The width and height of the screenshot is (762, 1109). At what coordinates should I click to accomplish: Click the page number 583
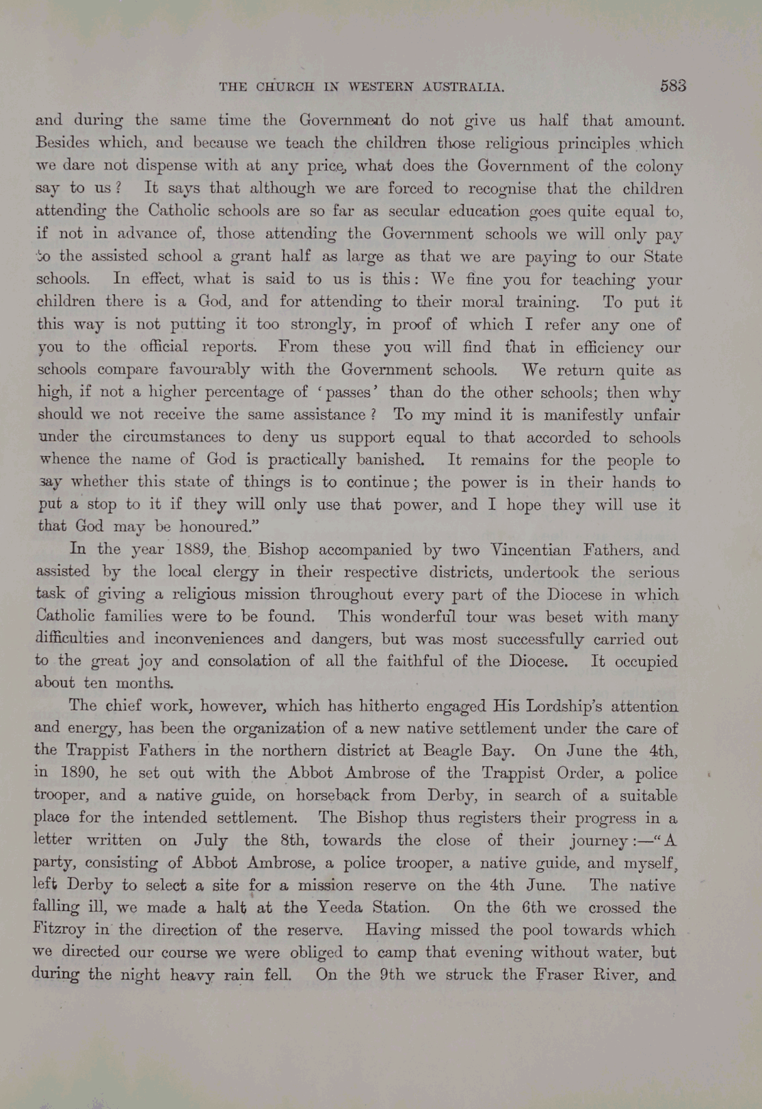click(672, 86)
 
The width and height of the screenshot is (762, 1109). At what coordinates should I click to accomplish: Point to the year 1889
click(197, 550)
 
